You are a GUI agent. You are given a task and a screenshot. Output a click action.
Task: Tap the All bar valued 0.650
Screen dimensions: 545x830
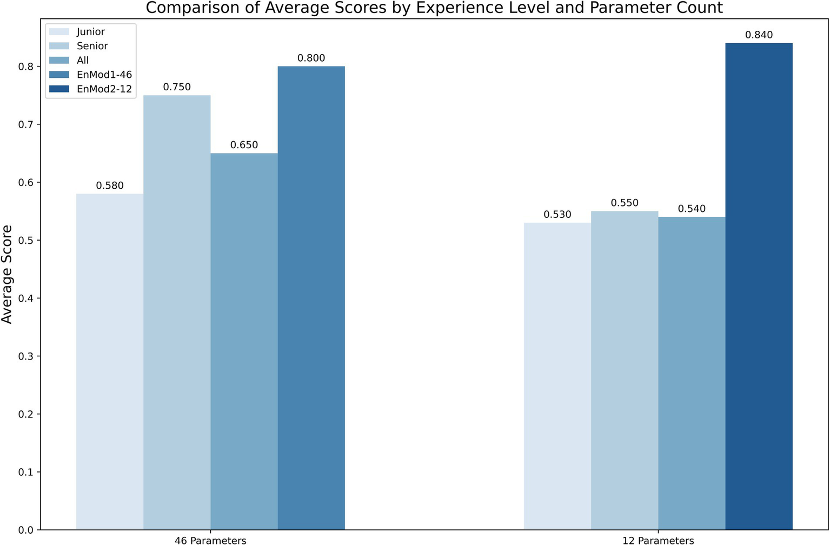pos(244,341)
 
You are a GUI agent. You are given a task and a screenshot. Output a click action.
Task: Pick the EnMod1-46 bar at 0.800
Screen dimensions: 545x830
pos(311,298)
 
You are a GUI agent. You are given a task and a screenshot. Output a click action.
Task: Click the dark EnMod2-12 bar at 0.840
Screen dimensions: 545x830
pos(759,287)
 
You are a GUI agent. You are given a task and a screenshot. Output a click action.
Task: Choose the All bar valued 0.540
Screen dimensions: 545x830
pos(692,373)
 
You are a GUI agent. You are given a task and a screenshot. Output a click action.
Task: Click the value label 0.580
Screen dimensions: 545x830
pos(110,185)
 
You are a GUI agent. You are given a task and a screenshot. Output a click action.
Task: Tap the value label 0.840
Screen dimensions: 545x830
pos(759,35)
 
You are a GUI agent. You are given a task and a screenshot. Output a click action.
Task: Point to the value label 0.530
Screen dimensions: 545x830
pos(557,215)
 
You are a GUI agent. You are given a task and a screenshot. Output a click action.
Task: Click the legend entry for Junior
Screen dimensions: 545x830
pos(90,32)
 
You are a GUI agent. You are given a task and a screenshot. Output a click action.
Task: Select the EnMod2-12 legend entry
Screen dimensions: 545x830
pos(104,89)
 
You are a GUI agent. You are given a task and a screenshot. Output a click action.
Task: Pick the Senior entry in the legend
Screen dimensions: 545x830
pos(92,46)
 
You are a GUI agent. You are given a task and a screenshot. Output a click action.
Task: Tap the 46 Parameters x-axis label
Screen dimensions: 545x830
pos(210,540)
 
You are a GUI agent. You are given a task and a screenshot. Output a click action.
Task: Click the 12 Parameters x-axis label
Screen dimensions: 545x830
pos(658,540)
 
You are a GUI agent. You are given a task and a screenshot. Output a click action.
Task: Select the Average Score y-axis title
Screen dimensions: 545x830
pos(7,274)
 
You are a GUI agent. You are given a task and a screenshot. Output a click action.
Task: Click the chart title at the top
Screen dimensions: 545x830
pos(434,8)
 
